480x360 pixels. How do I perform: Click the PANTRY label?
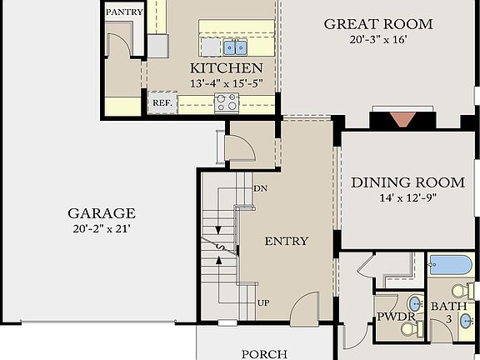124,12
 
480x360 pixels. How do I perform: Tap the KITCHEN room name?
227,67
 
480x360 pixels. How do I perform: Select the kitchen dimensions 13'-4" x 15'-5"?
227,83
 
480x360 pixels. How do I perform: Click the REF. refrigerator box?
161,104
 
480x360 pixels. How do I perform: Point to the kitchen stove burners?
226,102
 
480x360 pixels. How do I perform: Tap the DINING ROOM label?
407,182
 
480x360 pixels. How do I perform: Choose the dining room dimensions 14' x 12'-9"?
407,198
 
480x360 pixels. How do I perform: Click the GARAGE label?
102,213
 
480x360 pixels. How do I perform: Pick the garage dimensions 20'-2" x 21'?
102,228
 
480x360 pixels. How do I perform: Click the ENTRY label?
286,242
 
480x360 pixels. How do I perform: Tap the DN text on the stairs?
259,188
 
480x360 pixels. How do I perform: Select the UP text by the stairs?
262,302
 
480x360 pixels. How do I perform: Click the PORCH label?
264,353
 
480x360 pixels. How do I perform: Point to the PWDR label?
390,317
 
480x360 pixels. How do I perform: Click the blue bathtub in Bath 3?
450,266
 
